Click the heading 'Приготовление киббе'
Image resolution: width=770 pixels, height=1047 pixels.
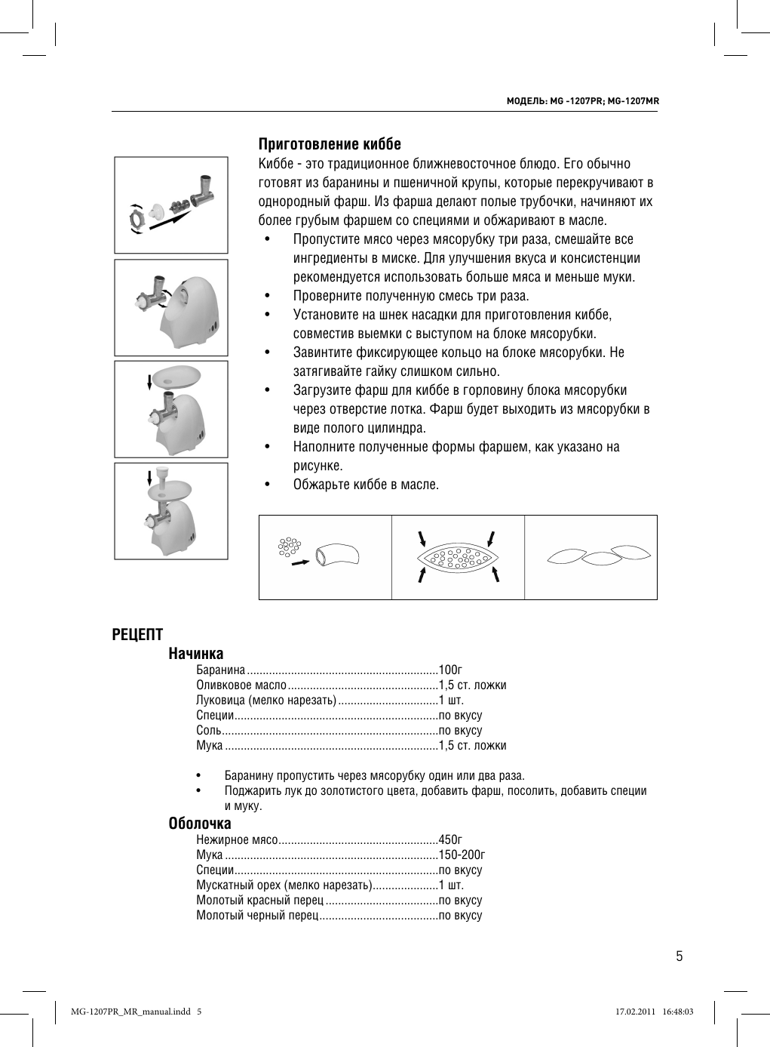[x=330, y=144]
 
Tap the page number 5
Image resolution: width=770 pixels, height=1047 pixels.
[x=679, y=956]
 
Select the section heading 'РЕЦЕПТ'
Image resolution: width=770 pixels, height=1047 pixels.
[x=137, y=635]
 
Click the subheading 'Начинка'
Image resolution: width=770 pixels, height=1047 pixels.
[x=196, y=654]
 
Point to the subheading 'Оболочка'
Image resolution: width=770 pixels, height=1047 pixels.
[x=200, y=824]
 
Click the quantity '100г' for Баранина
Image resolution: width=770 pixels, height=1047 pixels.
[x=450, y=670]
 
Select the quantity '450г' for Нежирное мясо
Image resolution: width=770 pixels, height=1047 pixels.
[x=450, y=839]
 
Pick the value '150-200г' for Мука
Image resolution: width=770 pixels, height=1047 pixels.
[x=462, y=855]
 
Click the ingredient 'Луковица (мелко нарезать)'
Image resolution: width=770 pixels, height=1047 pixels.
[x=265, y=700]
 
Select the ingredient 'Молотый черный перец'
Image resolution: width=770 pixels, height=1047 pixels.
[x=257, y=915]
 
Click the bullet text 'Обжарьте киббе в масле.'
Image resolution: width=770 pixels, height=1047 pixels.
[x=366, y=484]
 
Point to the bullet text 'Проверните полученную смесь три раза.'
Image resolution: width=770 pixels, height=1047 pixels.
[x=411, y=296]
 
